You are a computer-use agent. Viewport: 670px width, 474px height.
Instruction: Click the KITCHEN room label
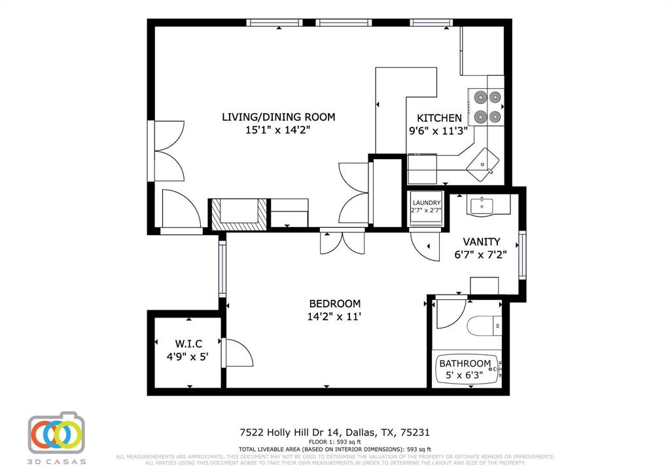pos(440,118)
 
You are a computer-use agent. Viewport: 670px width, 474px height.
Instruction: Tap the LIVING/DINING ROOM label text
pos(278,117)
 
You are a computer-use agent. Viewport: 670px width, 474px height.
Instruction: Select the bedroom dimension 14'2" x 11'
pos(334,317)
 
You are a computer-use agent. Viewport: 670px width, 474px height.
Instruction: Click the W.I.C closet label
pos(188,344)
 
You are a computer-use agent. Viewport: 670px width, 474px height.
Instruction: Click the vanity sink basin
pos(481,205)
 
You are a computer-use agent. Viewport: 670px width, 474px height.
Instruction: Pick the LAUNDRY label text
pos(427,203)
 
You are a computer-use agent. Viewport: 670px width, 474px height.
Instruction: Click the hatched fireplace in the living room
pos(238,213)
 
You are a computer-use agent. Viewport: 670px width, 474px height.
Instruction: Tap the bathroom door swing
pos(451,314)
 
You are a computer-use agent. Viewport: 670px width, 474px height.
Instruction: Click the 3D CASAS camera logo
pos(56,433)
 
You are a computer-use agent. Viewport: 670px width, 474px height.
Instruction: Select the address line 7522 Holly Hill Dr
pos(334,432)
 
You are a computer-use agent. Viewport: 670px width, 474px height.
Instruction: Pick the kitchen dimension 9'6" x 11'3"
pos(438,130)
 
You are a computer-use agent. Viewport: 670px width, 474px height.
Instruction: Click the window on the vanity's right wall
pos(521,254)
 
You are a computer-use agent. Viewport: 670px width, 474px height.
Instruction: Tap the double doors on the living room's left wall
pos(167,151)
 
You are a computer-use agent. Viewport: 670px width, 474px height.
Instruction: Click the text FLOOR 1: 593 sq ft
pos(334,442)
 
